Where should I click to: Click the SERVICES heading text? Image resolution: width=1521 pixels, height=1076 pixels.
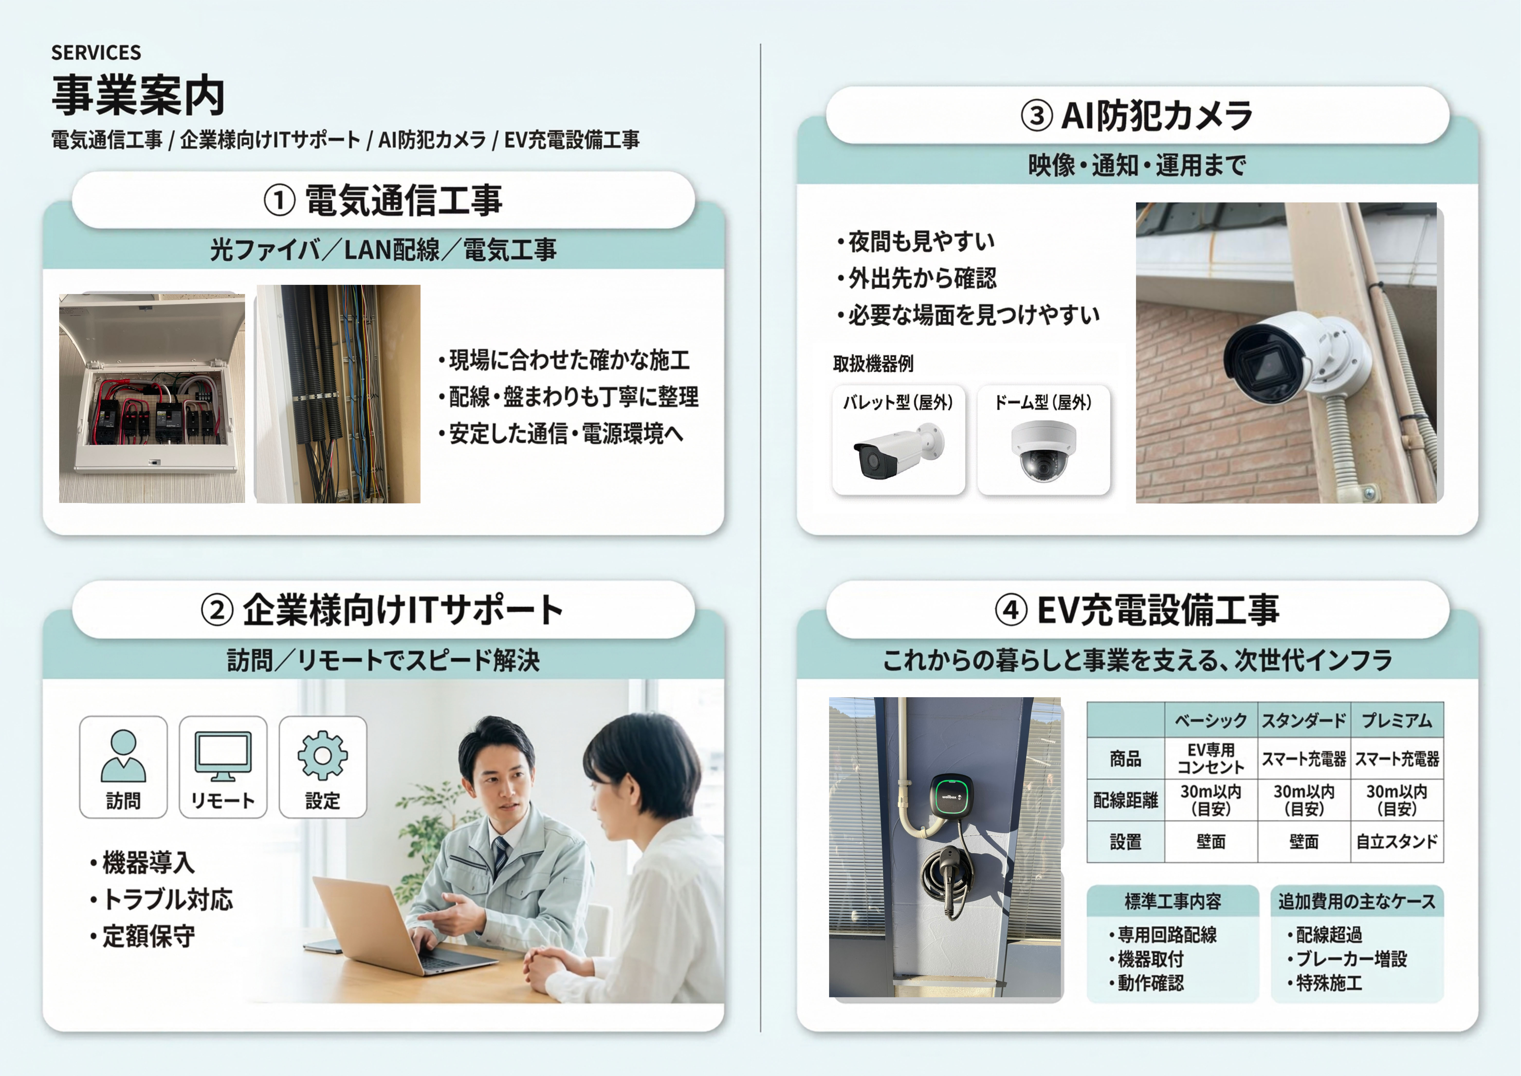[96, 52]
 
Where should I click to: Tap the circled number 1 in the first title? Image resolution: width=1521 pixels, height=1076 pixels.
[279, 200]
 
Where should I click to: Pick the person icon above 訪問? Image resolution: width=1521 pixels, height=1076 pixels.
[123, 756]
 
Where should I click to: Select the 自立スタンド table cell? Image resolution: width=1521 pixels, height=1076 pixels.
[1396, 842]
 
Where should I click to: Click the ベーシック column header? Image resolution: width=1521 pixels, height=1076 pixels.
[1210, 720]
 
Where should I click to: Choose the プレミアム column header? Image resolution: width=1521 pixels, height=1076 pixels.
[1396, 720]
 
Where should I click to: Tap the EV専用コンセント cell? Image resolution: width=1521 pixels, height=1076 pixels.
[1210, 759]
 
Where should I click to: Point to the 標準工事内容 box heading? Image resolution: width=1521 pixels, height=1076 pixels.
[1173, 901]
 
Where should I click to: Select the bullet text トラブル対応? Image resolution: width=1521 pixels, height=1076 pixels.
[168, 899]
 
